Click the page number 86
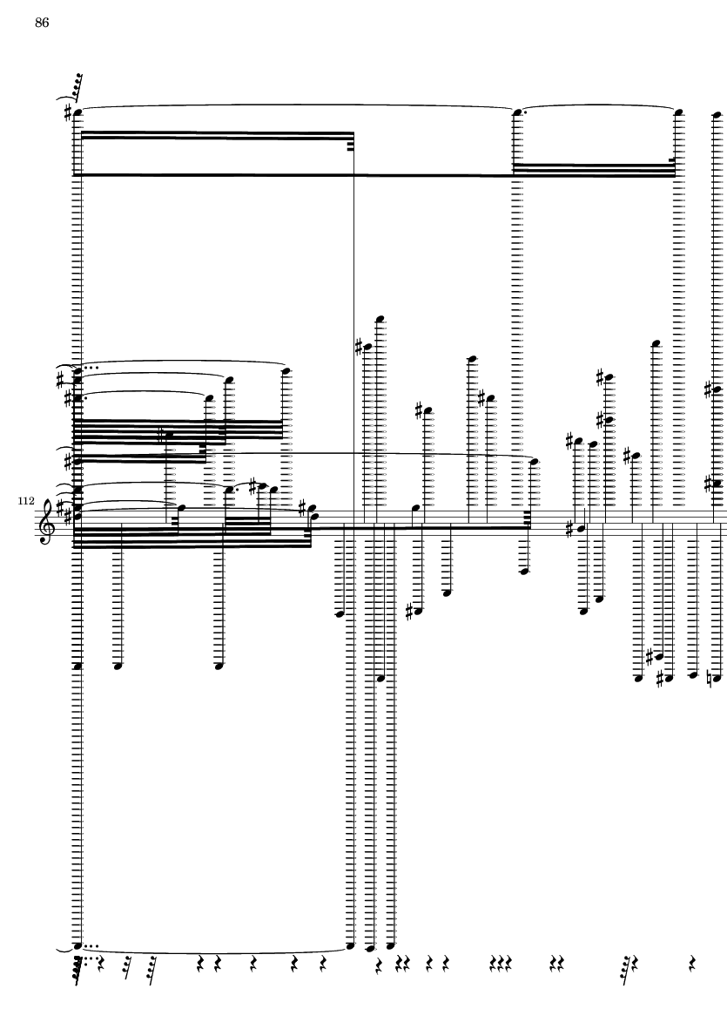(42, 24)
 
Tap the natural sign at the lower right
(710, 675)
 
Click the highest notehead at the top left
(77, 112)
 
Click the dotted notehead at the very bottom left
(77, 945)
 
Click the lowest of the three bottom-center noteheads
(370, 949)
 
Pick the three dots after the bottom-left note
(91, 945)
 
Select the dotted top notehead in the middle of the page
(518, 112)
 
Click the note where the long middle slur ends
(534, 462)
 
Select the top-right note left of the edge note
(679, 112)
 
